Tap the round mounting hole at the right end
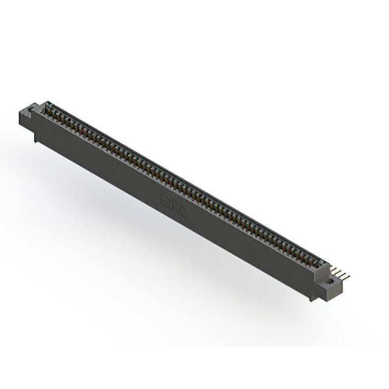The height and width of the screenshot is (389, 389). coord(330,281)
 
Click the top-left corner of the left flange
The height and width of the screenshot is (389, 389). coord(22,109)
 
